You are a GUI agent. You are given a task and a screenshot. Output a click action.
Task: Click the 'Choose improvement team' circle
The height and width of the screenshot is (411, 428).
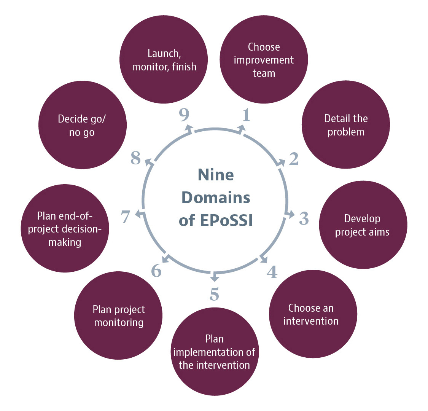(x=264, y=60)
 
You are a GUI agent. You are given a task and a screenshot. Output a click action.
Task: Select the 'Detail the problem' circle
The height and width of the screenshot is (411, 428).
(x=346, y=125)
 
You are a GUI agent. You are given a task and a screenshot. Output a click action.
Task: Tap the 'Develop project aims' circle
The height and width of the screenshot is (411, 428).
(x=362, y=225)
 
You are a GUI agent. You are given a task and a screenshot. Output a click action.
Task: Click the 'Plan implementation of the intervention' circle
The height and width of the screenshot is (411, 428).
(x=214, y=352)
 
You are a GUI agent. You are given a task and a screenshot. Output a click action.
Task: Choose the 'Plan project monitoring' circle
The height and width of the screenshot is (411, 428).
(x=119, y=316)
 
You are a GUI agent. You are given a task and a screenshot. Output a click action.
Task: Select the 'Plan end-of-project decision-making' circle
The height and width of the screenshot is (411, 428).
(x=65, y=229)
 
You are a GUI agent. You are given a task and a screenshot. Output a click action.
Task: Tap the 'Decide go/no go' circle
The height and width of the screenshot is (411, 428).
(x=82, y=125)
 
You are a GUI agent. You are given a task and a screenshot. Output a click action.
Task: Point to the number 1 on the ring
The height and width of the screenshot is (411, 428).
(x=247, y=115)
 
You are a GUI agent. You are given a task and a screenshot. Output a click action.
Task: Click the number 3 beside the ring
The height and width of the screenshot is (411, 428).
(x=304, y=218)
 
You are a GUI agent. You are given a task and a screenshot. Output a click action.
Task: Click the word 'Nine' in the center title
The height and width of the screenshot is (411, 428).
(x=216, y=175)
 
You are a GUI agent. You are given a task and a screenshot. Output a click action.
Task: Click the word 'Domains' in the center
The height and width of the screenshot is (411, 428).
(x=216, y=198)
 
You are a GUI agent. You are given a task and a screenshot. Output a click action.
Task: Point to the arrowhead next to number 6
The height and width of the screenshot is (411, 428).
(x=165, y=260)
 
